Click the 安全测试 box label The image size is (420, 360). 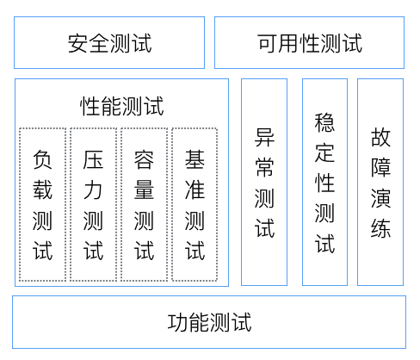[109, 43]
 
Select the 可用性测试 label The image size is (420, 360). [310, 43]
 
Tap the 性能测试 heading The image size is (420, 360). [122, 106]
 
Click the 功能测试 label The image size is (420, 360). [209, 322]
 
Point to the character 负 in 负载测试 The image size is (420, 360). [42, 159]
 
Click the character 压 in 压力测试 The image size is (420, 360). [93, 159]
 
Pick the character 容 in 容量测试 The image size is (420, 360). [144, 159]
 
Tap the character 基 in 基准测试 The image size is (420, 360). [195, 159]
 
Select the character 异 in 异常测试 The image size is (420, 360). [264, 137]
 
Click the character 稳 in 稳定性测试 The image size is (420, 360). [324, 122]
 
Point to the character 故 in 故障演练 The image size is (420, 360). [380, 137]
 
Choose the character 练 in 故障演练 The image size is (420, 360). [380, 228]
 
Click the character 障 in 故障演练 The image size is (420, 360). [380, 167]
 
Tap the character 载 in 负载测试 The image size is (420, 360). [42, 189]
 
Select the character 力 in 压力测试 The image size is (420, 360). [93, 189]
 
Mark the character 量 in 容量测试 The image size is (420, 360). [144, 189]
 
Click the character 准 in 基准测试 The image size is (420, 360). [195, 189]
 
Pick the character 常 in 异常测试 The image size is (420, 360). [264, 167]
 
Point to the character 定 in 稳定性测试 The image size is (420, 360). [324, 152]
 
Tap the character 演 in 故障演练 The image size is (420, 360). [380, 198]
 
